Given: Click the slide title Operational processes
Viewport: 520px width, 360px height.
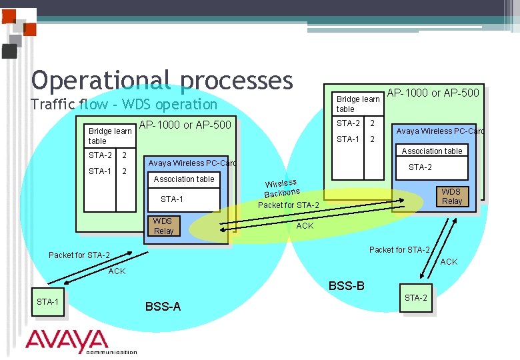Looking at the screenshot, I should [x=162, y=80].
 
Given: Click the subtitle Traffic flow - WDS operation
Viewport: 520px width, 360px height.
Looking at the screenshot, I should [x=124, y=104].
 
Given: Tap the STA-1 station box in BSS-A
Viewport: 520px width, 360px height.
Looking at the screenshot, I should [x=47, y=302].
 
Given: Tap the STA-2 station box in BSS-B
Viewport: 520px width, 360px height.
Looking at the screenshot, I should [x=415, y=298].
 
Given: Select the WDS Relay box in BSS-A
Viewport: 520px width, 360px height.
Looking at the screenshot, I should [x=163, y=226].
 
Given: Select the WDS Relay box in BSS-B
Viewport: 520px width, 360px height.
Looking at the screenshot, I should [x=451, y=196].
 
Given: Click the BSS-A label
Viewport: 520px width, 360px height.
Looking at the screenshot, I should [x=163, y=307].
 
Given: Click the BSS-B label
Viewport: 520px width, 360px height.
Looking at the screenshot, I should [x=346, y=286].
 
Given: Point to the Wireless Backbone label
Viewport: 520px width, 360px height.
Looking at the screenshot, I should [x=281, y=187].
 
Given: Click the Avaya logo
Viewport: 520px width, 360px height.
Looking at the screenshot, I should [x=67, y=341].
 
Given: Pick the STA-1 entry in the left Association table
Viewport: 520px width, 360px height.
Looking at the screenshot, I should [x=172, y=199].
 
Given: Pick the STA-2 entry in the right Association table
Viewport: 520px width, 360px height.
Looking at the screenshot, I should [x=420, y=167].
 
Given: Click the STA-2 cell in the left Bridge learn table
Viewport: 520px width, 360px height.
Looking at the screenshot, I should [x=100, y=155].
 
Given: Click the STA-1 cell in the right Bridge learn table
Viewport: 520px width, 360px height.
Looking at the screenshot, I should [x=348, y=139].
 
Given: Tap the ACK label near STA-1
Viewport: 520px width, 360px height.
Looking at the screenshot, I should [x=117, y=271].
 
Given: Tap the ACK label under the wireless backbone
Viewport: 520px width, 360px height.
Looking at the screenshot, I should [x=305, y=226].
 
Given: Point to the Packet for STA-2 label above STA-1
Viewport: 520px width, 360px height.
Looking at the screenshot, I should [x=79, y=255].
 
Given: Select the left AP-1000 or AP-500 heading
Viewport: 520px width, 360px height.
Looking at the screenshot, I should [x=185, y=125].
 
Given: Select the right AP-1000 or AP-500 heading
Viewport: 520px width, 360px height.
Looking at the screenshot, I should [x=433, y=93].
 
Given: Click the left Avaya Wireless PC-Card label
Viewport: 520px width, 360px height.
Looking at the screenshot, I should [x=192, y=163].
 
